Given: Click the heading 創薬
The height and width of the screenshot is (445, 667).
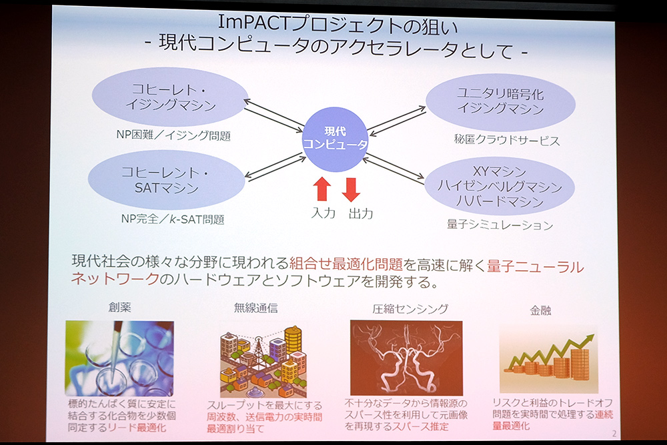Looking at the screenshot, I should pos(119,309).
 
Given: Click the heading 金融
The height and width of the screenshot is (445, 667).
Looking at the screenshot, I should pos(541,310).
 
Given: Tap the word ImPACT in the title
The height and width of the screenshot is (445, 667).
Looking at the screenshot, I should pos(253,21).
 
